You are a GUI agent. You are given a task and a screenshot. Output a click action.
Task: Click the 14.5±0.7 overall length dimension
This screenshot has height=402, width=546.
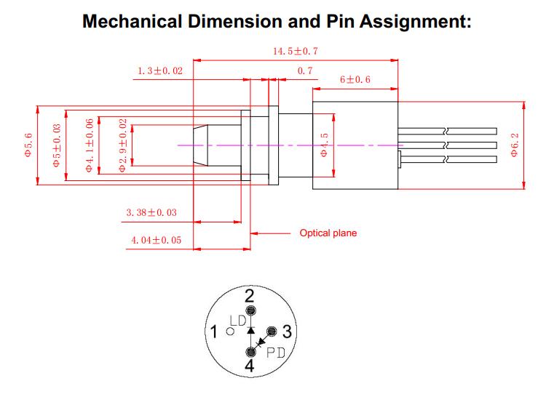click(x=296, y=51)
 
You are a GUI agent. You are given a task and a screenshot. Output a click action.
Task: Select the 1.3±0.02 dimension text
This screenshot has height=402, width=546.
click(x=159, y=71)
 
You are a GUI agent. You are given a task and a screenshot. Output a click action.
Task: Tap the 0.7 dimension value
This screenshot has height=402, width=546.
click(x=305, y=71)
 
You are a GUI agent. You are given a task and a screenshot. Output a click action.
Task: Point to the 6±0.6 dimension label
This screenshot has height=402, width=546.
click(x=355, y=79)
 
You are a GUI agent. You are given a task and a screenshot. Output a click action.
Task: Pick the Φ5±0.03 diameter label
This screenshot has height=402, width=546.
click(x=57, y=148)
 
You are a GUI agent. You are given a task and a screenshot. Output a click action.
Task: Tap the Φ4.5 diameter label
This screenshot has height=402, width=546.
click(x=325, y=145)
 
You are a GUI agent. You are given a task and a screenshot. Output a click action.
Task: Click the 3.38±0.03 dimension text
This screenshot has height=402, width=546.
click(x=151, y=213)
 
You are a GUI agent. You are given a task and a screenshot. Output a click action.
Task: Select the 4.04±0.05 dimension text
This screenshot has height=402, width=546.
click(x=156, y=240)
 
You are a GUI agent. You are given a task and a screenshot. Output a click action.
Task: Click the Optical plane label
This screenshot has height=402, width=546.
click(x=328, y=233)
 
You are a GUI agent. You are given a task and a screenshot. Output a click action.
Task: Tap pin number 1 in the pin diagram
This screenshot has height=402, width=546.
click(x=214, y=333)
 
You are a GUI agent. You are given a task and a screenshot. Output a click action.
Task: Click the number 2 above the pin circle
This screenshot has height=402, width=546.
click(x=249, y=296)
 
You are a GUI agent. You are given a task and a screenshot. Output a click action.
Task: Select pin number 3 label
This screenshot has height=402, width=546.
click(x=286, y=333)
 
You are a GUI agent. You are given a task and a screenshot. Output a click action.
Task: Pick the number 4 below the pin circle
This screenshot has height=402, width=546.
click(x=249, y=366)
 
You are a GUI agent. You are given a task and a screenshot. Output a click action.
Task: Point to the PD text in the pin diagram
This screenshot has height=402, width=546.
click(x=275, y=354)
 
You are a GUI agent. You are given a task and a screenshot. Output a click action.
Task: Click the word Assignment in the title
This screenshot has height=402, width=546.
click(x=409, y=21)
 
